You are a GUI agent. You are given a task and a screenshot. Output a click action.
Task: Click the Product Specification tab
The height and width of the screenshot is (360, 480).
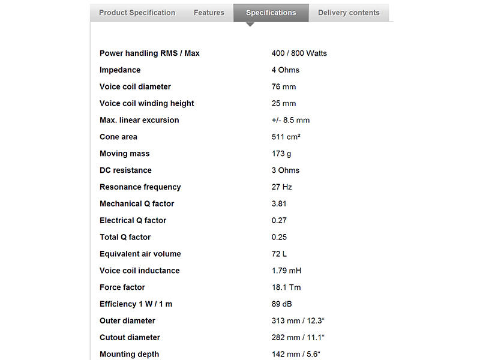coord(137,13)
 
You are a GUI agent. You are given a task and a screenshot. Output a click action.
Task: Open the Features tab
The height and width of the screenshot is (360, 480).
coord(209,13)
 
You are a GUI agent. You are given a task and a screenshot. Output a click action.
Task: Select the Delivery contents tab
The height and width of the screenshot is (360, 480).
coord(349,13)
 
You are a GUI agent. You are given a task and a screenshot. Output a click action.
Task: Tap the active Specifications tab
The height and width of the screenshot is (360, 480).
coord(271,13)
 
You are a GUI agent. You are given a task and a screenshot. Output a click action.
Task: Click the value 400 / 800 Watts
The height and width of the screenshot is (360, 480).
coord(299,53)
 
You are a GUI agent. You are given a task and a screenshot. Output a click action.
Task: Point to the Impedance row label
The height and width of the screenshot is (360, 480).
coord(120,70)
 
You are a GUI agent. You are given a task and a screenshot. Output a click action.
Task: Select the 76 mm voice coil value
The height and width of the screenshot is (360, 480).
coord(284,87)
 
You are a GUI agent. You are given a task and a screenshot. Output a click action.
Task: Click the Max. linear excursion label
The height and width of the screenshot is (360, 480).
coord(139,120)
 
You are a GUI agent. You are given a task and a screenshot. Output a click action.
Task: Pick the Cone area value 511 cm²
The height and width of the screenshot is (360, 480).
coord(286,137)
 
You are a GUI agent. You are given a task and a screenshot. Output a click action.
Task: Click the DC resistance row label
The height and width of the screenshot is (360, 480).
coord(125,170)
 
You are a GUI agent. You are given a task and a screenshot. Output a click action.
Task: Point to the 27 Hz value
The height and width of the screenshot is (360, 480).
coord(281,187)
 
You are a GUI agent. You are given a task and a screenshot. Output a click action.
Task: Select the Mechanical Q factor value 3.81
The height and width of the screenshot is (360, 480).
coord(279,204)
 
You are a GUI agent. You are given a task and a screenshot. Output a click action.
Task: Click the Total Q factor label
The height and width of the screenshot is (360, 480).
coord(125,237)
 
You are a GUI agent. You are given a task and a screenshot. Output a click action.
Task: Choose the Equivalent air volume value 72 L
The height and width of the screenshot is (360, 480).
coord(279,254)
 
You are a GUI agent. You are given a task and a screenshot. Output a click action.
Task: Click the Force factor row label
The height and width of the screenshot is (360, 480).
coord(122,287)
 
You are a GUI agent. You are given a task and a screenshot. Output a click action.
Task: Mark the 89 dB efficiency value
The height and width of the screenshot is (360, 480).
coord(281,304)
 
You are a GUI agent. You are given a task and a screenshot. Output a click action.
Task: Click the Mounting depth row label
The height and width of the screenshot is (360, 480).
coord(129,354)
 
